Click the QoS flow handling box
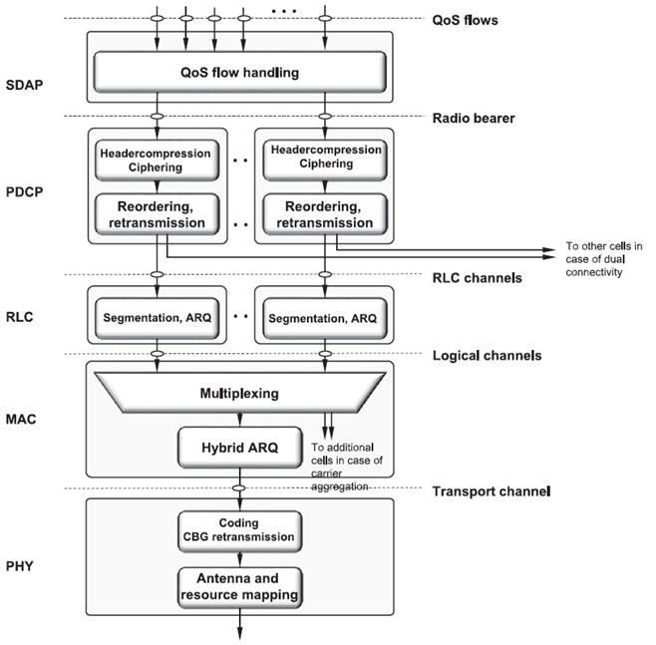pyautogui.click(x=239, y=72)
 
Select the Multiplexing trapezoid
pyautogui.click(x=239, y=393)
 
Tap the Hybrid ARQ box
pyautogui.click(x=239, y=448)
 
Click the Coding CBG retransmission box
pyautogui.click(x=239, y=531)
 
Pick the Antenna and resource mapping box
pyautogui.click(x=239, y=587)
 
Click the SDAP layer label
pyautogui.click(x=24, y=85)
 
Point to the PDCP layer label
pyautogui.click(x=24, y=191)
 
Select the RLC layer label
pyautogui.click(x=19, y=317)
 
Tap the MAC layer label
pyautogui.click(x=21, y=419)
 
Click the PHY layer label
pyautogui.click(x=19, y=566)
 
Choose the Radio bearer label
pyautogui.click(x=474, y=118)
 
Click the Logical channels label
pyautogui.click(x=487, y=356)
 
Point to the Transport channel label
pyautogui.click(x=492, y=491)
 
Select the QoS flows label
pyautogui.click(x=465, y=20)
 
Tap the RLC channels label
pyautogui.click(x=477, y=278)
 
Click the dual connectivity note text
pyautogui.click(x=604, y=259)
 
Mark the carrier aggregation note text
pyautogui.click(x=346, y=467)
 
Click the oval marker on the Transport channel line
pyautogui.click(x=239, y=488)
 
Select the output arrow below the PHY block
pyautogui.click(x=239, y=624)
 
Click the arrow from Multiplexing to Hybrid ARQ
pyautogui.click(x=239, y=420)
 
